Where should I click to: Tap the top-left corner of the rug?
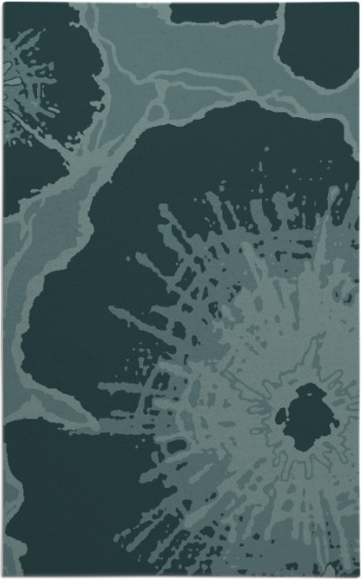[x=4, y=4]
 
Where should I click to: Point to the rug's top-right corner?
[x=358, y=4]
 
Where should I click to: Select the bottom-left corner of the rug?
[x=4, y=575]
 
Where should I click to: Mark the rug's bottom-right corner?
[x=358, y=575]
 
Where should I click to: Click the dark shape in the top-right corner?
[x=320, y=41]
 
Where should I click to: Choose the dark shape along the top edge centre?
[x=223, y=13]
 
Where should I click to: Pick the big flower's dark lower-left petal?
[x=54, y=504]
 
